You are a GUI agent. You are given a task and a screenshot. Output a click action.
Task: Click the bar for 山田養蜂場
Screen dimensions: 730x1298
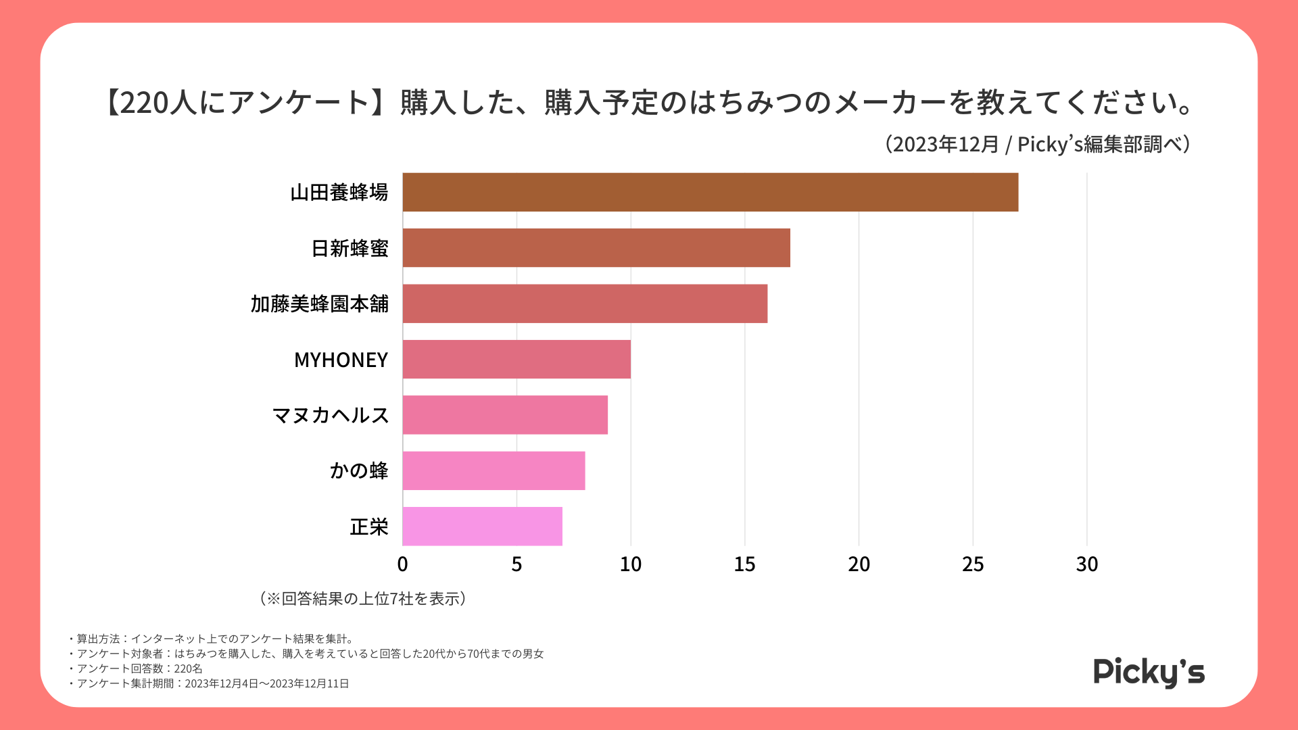(710, 192)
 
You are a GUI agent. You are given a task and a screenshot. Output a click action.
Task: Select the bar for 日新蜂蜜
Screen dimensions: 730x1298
(596, 247)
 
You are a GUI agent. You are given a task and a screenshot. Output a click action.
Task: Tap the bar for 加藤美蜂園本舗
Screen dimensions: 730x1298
(585, 303)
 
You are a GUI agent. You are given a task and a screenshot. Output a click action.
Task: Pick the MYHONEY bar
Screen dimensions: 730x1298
(516, 359)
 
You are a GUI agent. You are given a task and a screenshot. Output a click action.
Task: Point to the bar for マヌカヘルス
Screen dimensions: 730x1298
(505, 414)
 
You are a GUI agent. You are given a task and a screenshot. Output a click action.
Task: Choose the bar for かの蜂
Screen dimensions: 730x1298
(494, 470)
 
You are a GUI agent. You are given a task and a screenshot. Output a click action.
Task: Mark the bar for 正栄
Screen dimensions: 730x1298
(482, 526)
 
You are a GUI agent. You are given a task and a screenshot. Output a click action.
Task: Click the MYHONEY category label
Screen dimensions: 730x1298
(341, 360)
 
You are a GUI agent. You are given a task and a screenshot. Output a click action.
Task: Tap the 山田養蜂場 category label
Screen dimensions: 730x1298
(339, 193)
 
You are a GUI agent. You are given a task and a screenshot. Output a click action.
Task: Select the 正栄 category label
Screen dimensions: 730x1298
(368, 527)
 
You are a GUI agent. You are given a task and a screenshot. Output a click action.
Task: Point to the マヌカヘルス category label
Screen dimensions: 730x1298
(330, 415)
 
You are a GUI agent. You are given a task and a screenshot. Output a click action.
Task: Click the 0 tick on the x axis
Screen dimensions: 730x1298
(402, 564)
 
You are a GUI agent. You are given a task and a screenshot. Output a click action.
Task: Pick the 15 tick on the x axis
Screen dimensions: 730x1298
(744, 564)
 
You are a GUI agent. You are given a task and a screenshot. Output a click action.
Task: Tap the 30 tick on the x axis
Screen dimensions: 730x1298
(1086, 564)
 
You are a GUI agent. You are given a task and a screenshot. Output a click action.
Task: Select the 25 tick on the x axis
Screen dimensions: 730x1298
(973, 564)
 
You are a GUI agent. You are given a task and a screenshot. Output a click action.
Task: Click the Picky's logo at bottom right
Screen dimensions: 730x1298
(1149, 672)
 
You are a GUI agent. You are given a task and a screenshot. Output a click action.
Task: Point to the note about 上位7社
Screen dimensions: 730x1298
(362, 599)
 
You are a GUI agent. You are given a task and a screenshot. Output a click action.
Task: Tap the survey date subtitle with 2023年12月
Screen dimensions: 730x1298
(1038, 144)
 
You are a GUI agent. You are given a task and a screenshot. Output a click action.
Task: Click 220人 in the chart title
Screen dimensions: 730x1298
(159, 103)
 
